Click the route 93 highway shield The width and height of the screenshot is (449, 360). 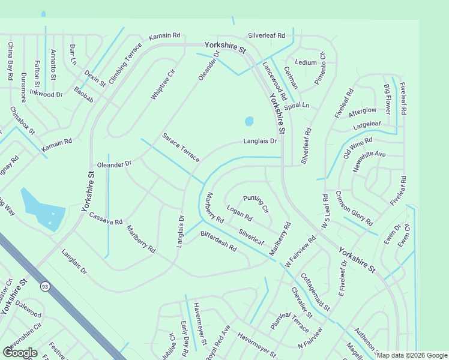point(45,286)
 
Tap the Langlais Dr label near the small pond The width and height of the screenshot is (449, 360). point(260,142)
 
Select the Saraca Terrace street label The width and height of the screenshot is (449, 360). point(180,148)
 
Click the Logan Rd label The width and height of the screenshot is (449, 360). point(240,213)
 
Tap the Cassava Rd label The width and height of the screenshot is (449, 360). point(106,218)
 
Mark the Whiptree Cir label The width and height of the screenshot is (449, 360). point(163,85)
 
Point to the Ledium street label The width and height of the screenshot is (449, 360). point(306,62)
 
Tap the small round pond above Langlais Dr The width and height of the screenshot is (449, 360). point(249,121)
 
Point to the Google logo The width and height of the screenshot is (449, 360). point(20,353)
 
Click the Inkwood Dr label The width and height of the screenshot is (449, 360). point(46,94)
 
